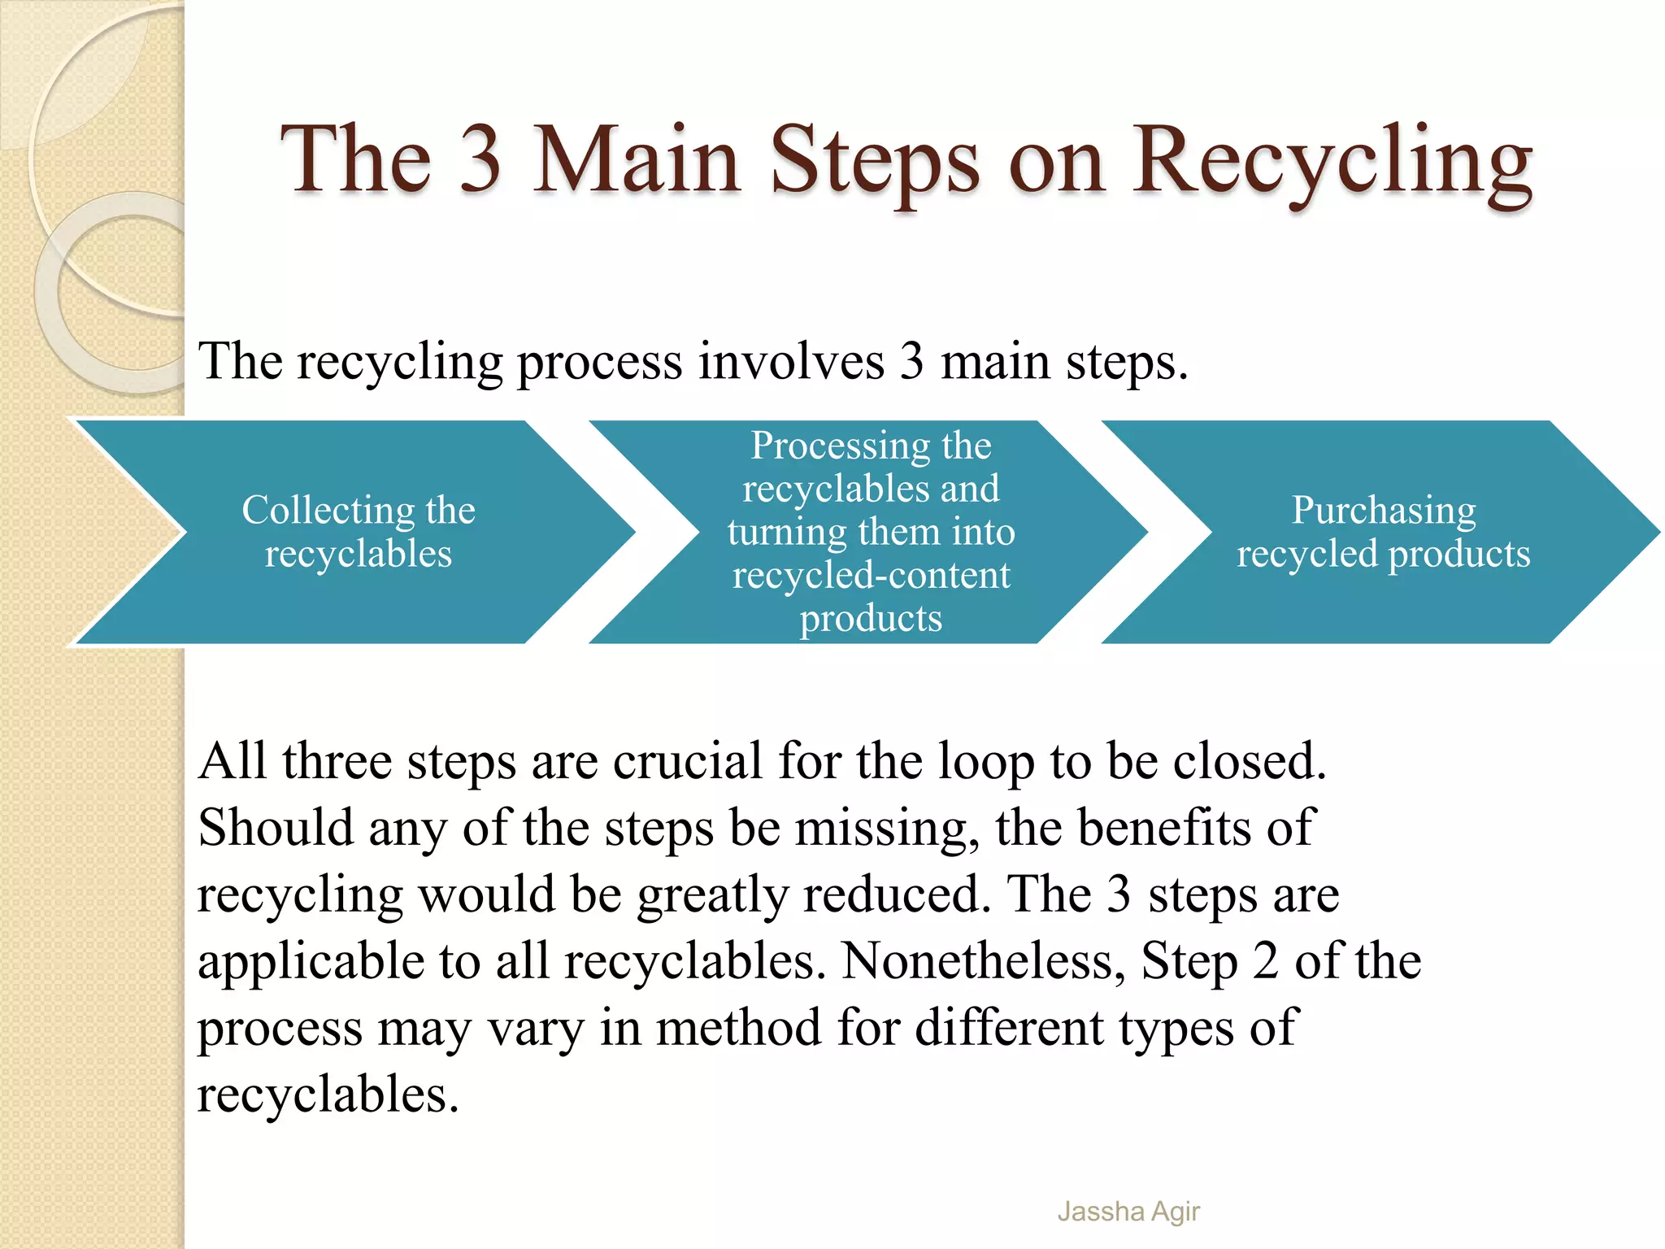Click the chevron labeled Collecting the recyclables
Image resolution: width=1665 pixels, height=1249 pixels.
[x=358, y=532]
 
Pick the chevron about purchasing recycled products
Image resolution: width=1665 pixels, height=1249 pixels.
[x=1382, y=532]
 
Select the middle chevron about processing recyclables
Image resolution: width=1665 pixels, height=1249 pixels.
[x=870, y=532]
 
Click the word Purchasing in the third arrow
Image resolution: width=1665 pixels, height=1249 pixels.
[x=1384, y=511]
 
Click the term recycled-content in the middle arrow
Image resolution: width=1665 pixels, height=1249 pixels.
[x=871, y=576]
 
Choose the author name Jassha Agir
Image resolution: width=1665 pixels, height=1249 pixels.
[x=1128, y=1212]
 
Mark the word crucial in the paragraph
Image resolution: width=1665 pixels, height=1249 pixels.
[x=687, y=762]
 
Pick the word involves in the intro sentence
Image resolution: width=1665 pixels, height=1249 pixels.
[x=791, y=361]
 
